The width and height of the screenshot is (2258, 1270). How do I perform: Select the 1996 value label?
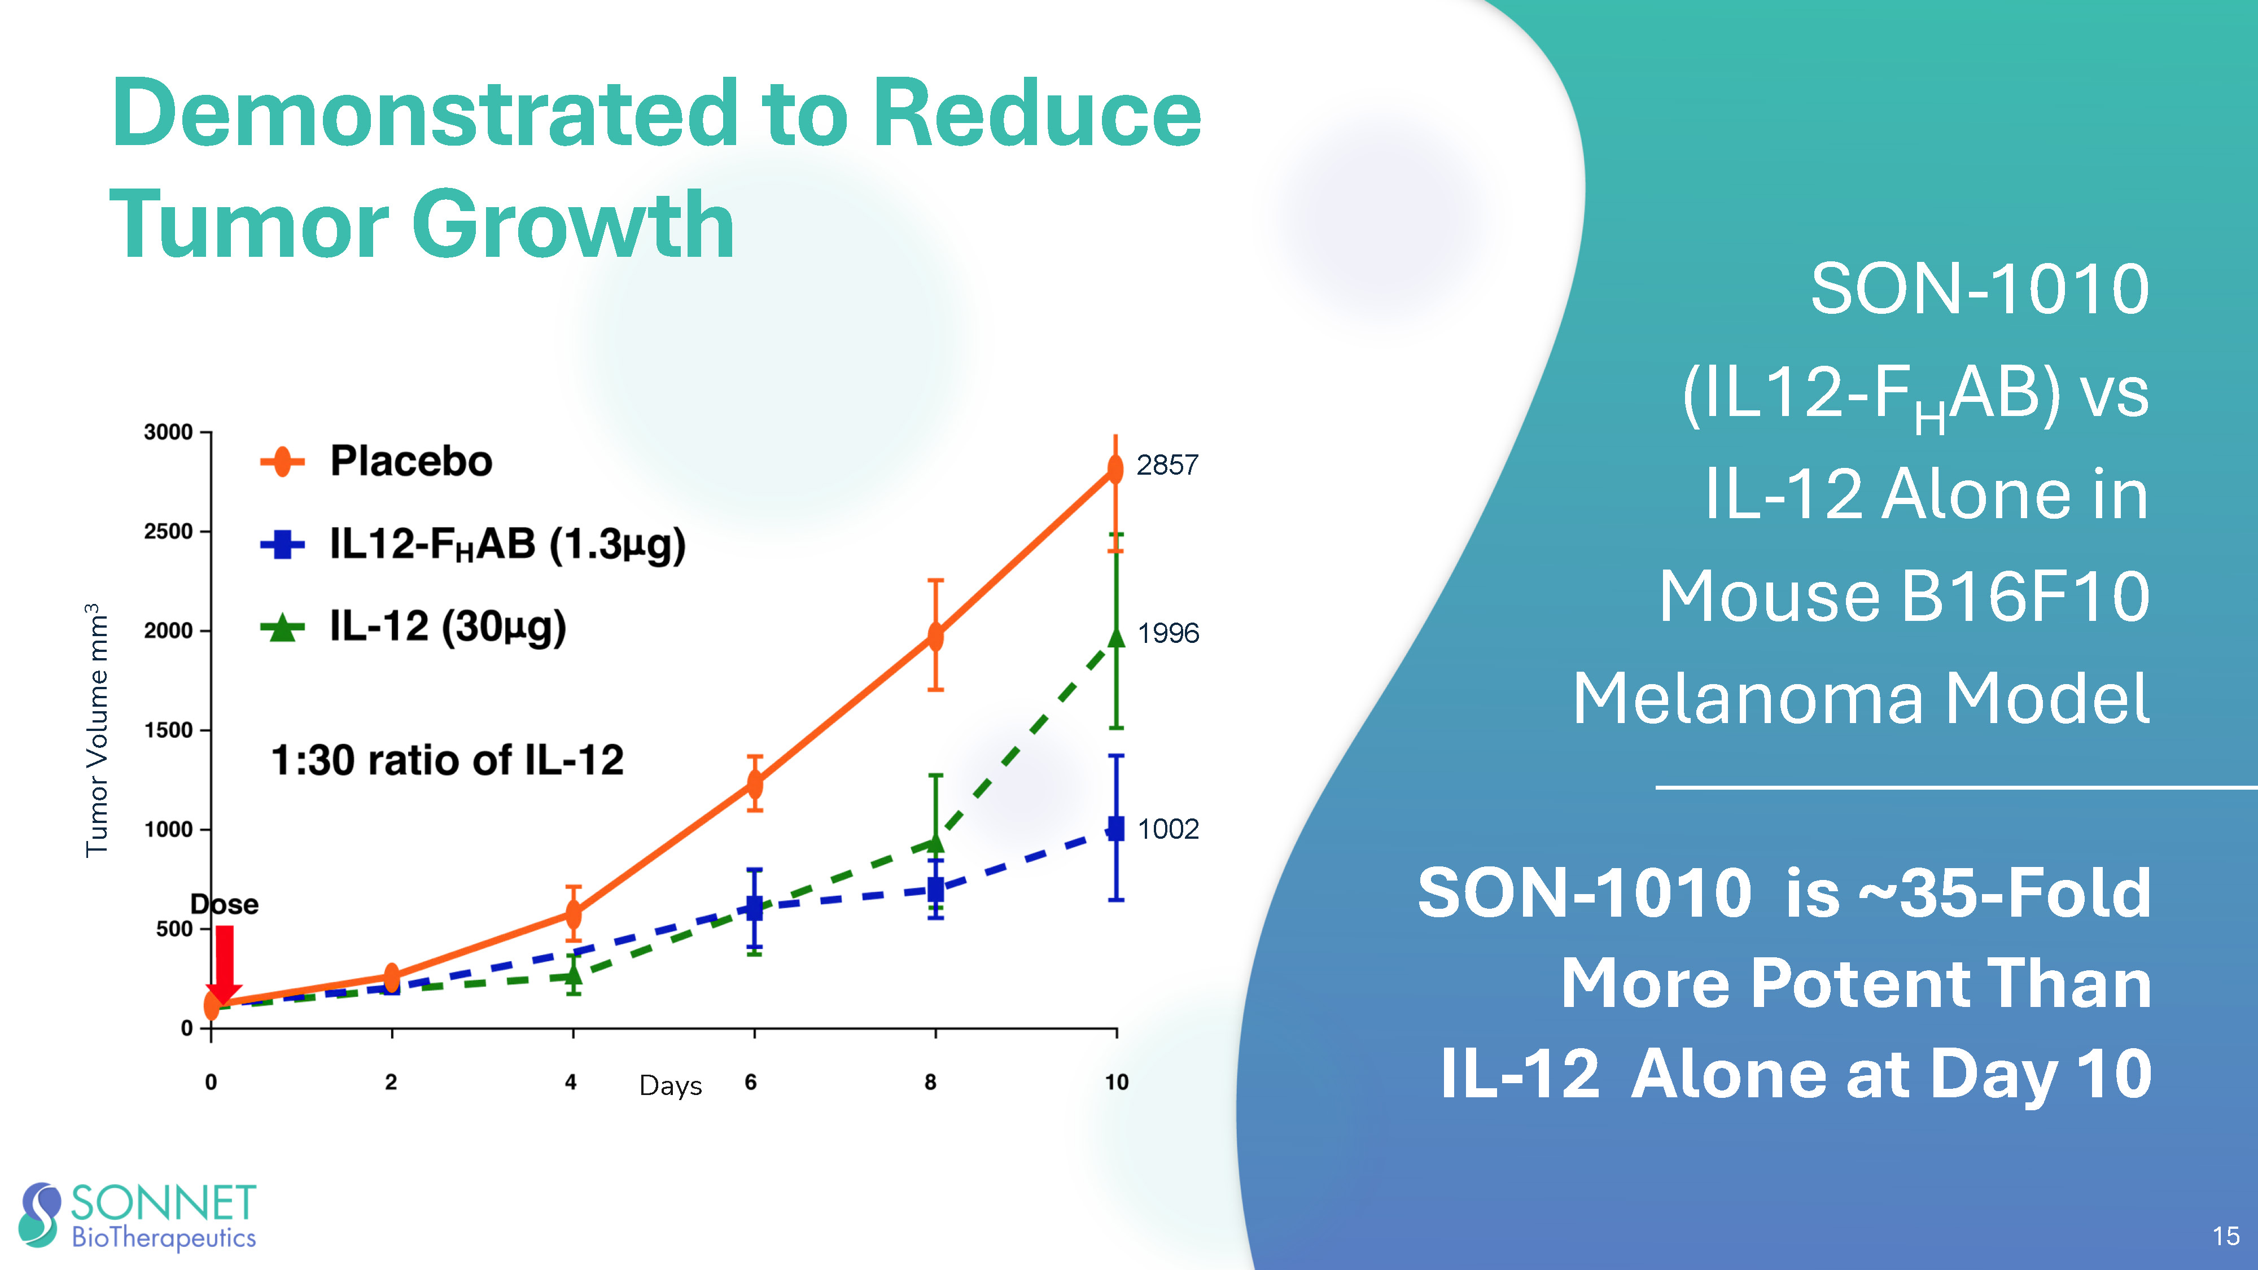(1167, 633)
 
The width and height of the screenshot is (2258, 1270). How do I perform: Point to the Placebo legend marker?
(282, 461)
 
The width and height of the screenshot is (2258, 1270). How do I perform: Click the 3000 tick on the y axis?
(168, 432)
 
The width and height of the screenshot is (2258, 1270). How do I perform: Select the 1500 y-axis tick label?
(168, 730)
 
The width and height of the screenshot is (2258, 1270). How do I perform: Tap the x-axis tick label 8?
(930, 1083)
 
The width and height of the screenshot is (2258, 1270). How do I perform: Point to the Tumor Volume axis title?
(97, 729)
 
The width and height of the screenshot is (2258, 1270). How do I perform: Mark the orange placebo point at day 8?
(935, 636)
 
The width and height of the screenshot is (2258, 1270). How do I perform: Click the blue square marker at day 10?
(1116, 828)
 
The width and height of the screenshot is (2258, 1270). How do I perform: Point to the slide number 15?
(2226, 1236)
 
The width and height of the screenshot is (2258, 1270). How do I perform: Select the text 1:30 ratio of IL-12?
(447, 760)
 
